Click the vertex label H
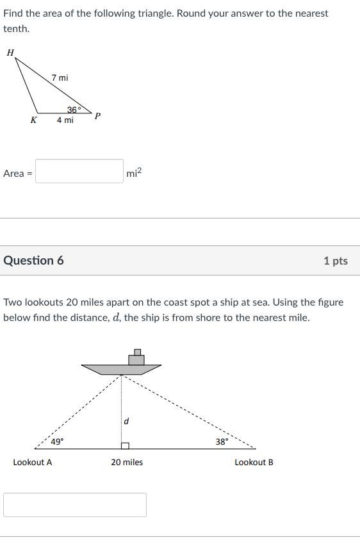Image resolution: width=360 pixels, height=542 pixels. coord(10,53)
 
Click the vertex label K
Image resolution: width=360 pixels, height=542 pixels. coord(33,120)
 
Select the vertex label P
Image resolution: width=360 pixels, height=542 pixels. coord(97,117)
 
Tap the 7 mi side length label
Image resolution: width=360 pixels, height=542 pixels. coord(60,78)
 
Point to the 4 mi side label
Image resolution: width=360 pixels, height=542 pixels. coord(65,120)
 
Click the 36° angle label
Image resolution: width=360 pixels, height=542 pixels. coord(74,110)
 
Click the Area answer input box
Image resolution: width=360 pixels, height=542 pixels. coord(79,172)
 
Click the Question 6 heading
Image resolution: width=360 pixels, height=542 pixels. coord(33,261)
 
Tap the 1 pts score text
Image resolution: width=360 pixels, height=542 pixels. coord(335,261)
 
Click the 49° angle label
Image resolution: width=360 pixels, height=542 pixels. coord(57,441)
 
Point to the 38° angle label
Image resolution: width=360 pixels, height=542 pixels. coord(222,441)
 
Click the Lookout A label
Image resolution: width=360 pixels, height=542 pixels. coord(33,462)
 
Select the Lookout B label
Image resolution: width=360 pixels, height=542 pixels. coord(254,462)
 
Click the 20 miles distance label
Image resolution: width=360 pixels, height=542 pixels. coord(127,462)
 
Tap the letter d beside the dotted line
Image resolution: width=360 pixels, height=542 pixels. coord(126,421)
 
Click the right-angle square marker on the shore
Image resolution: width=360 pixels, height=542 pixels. coord(125,445)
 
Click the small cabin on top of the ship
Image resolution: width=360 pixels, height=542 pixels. coord(136,357)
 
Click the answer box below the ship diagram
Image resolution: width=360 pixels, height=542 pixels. coord(75,505)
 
